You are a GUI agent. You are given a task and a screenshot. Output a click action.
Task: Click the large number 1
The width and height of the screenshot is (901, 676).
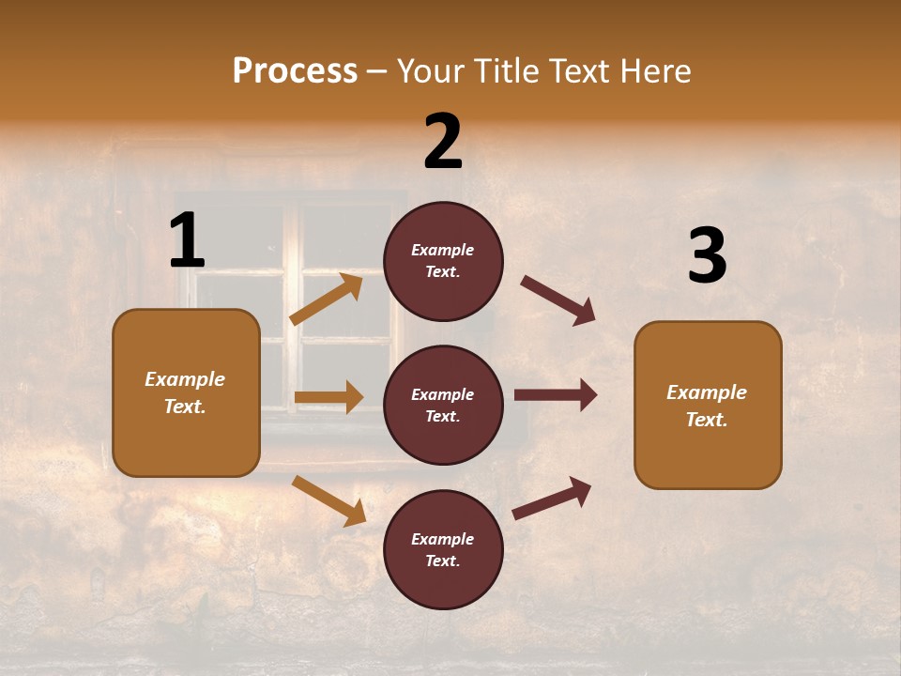click(187, 241)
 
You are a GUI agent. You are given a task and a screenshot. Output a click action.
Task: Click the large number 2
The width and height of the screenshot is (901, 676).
click(443, 142)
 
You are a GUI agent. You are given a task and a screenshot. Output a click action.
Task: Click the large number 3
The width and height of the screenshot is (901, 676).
click(707, 255)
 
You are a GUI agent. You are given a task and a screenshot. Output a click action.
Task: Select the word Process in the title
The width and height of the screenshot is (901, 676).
click(295, 70)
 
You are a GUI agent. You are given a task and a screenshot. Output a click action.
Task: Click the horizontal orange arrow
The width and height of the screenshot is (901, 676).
click(328, 397)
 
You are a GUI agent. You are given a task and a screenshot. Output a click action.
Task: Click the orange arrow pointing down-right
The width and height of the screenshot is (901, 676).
click(328, 500)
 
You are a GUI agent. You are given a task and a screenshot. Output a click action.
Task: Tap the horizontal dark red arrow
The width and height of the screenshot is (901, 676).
click(555, 395)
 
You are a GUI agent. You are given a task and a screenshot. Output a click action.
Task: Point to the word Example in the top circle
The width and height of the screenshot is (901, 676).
click(443, 250)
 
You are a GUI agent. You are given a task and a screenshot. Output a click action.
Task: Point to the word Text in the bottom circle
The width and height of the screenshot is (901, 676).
click(441, 561)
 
